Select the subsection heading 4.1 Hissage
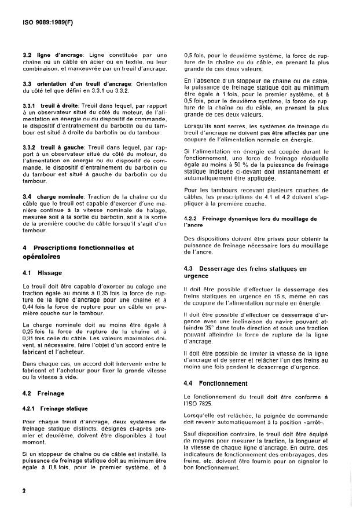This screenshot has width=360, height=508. pos(41,272)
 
